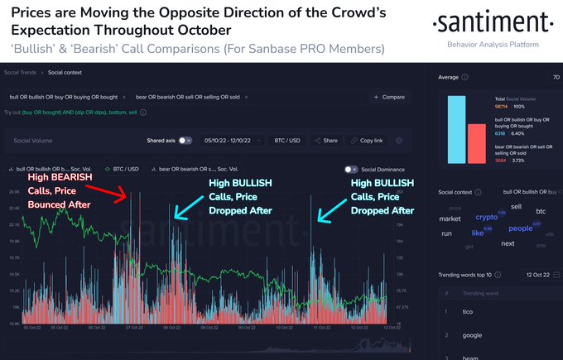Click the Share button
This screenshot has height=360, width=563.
[x=326, y=141]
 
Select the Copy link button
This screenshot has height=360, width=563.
[x=368, y=141]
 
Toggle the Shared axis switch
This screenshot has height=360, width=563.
[x=185, y=141]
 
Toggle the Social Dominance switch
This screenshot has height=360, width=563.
[x=349, y=169]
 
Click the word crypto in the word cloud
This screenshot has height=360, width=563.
[x=487, y=217]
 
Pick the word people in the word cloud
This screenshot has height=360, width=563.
[x=521, y=228]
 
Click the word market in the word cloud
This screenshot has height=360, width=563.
[x=450, y=219]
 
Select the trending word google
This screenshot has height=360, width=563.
[x=471, y=335]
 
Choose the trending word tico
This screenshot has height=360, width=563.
[x=468, y=311]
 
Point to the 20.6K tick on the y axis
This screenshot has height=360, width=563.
[x=14, y=191]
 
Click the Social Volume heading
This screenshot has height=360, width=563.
[x=32, y=141]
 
